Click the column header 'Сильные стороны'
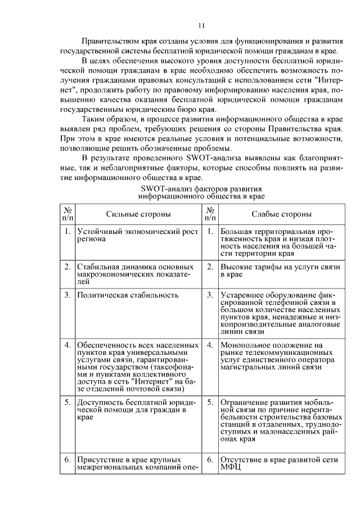tap(138, 214)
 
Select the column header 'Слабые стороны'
tap(282, 214)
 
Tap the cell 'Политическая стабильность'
tap(128, 295)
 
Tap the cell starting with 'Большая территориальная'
tap(278, 242)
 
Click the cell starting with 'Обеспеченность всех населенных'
tap(137, 366)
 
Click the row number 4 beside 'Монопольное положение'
tap(209, 344)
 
